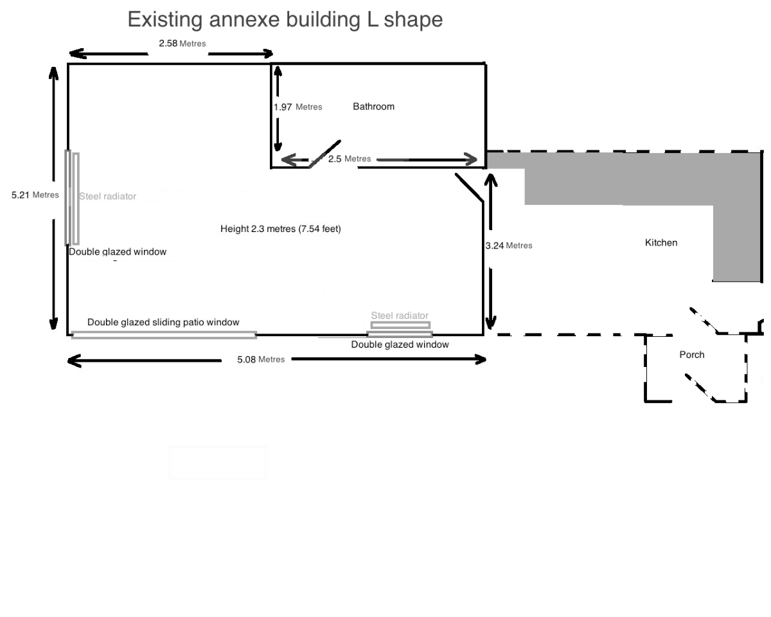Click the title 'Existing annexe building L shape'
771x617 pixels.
click(285, 19)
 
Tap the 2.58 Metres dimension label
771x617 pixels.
click(182, 43)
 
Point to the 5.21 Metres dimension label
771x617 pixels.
click(35, 195)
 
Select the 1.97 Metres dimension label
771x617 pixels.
click(297, 107)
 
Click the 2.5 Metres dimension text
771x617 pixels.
click(350, 159)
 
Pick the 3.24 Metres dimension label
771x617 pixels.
click(509, 246)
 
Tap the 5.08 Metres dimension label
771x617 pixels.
click(261, 359)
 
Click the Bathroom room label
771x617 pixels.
click(374, 107)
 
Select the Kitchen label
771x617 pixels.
click(661, 243)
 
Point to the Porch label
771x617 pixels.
click(692, 355)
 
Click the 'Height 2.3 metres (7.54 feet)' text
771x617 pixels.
click(281, 229)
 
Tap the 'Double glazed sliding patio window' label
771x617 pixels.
click(163, 322)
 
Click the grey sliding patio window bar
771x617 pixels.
click(164, 335)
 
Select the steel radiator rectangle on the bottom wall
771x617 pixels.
click(400, 325)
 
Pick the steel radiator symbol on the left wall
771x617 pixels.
click(76, 199)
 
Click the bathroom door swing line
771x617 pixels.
click(324, 154)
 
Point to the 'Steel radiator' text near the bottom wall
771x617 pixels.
click(400, 316)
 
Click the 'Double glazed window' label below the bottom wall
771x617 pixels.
click(400, 344)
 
